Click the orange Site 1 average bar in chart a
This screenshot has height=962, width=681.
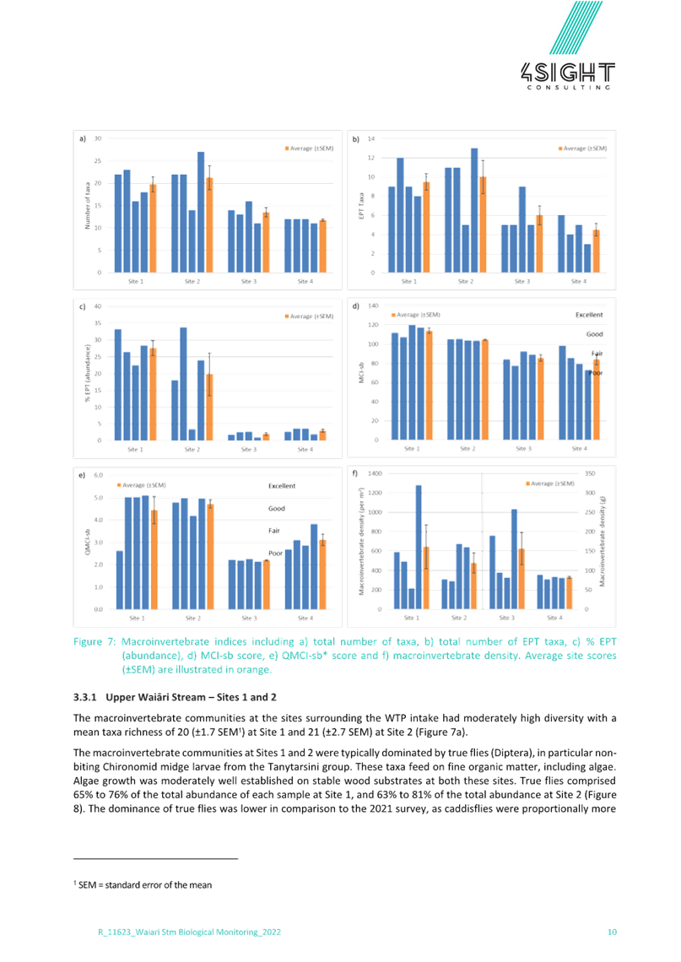[153, 227]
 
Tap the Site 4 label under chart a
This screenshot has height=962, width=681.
[303, 280]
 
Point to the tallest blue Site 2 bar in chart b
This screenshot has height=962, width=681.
[474, 209]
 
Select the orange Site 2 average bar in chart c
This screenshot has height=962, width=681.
[209, 407]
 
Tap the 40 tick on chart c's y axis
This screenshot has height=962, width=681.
[97, 306]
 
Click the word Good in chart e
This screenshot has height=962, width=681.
[276, 509]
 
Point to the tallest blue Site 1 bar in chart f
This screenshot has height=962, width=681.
[419, 546]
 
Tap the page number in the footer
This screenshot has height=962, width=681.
[613, 932]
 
